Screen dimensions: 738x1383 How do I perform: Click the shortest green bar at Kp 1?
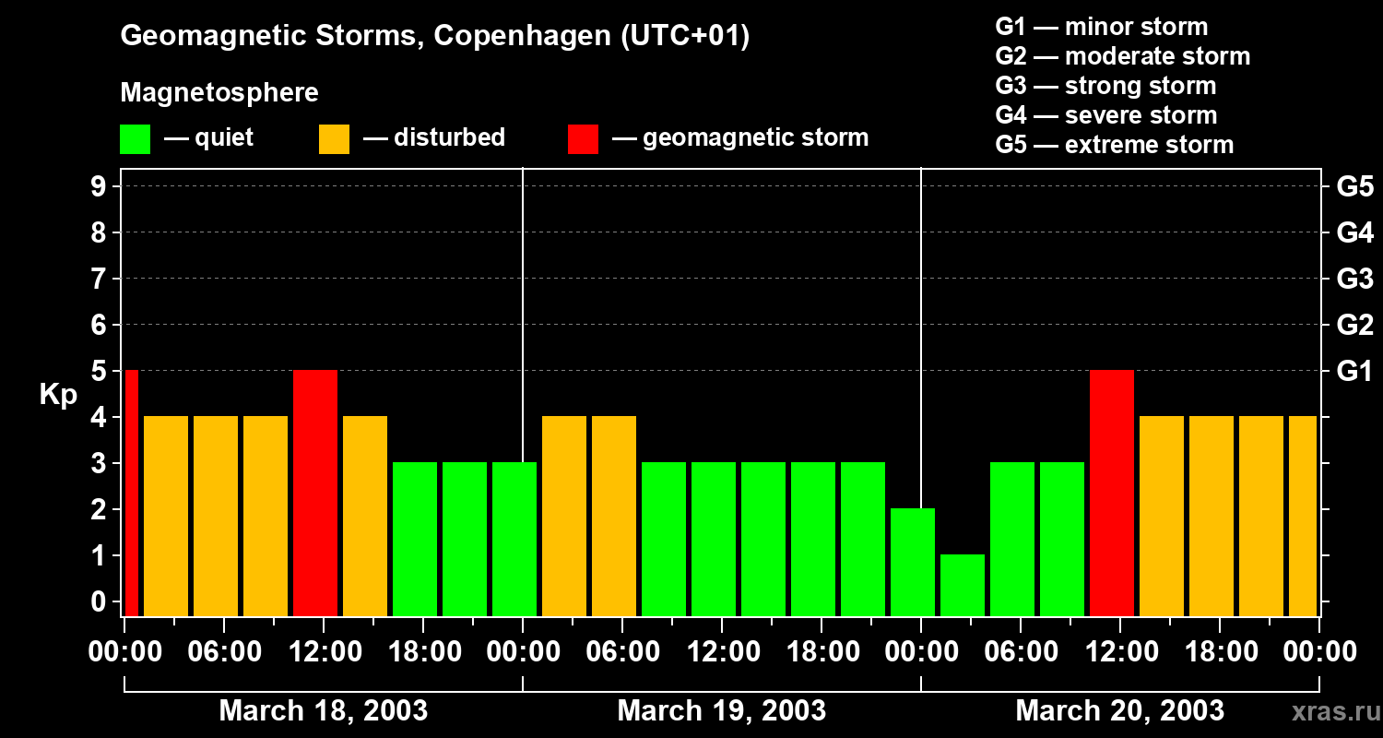coord(963,585)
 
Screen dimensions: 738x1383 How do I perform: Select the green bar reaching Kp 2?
coord(913,562)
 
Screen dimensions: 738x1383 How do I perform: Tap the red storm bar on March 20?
coord(1112,493)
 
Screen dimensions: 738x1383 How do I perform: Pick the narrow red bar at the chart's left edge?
coord(132,493)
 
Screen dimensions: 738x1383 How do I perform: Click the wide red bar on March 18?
coord(315,493)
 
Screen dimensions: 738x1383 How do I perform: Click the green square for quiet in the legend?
coord(136,139)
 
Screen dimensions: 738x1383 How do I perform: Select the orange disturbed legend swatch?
coord(334,139)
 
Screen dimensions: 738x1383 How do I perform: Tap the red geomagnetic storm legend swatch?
coord(583,139)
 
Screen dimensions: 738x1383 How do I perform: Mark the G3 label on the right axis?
coord(1354,279)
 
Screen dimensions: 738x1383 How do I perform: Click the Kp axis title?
coord(58,395)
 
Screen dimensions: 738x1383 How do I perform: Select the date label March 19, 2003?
coord(721,711)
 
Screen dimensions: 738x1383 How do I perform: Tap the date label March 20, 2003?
coord(1119,711)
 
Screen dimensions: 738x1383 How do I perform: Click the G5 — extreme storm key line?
coord(1114,145)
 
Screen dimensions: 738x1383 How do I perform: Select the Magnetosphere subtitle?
coord(219,93)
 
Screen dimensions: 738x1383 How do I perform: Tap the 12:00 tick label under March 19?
coord(722,652)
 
